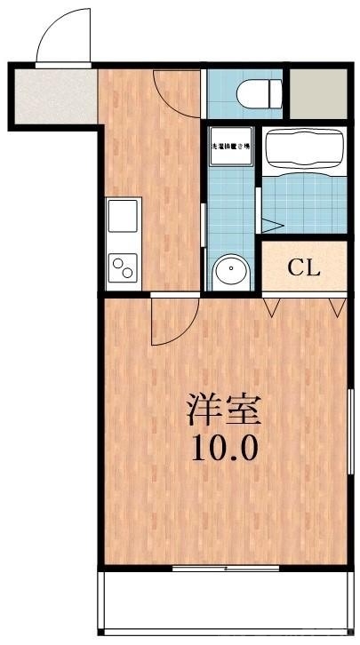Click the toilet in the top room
point(261,92)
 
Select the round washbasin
point(233,268)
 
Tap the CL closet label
point(303,267)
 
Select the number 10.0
point(224,447)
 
